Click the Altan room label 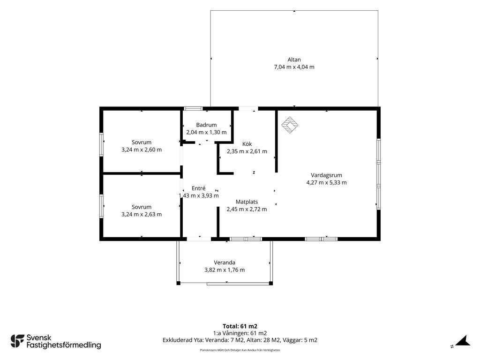[x=294, y=60]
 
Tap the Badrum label [x=206, y=125]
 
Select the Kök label [x=247, y=144]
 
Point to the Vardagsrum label [x=326, y=175]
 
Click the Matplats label [x=247, y=202]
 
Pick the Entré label [x=198, y=188]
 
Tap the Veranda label [x=225, y=262]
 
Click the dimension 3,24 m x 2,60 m [x=142, y=150]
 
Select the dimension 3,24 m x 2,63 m [x=142, y=214]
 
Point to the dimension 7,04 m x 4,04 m [x=294, y=67]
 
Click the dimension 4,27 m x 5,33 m [x=326, y=183]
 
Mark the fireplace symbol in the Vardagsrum [x=290, y=125]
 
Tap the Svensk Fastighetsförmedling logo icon [x=17, y=341]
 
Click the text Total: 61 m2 [x=240, y=326]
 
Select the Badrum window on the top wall [x=193, y=108]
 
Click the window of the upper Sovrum [x=101, y=144]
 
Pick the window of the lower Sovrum [x=101, y=206]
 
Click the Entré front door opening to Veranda [x=199, y=239]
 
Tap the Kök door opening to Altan [x=248, y=108]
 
